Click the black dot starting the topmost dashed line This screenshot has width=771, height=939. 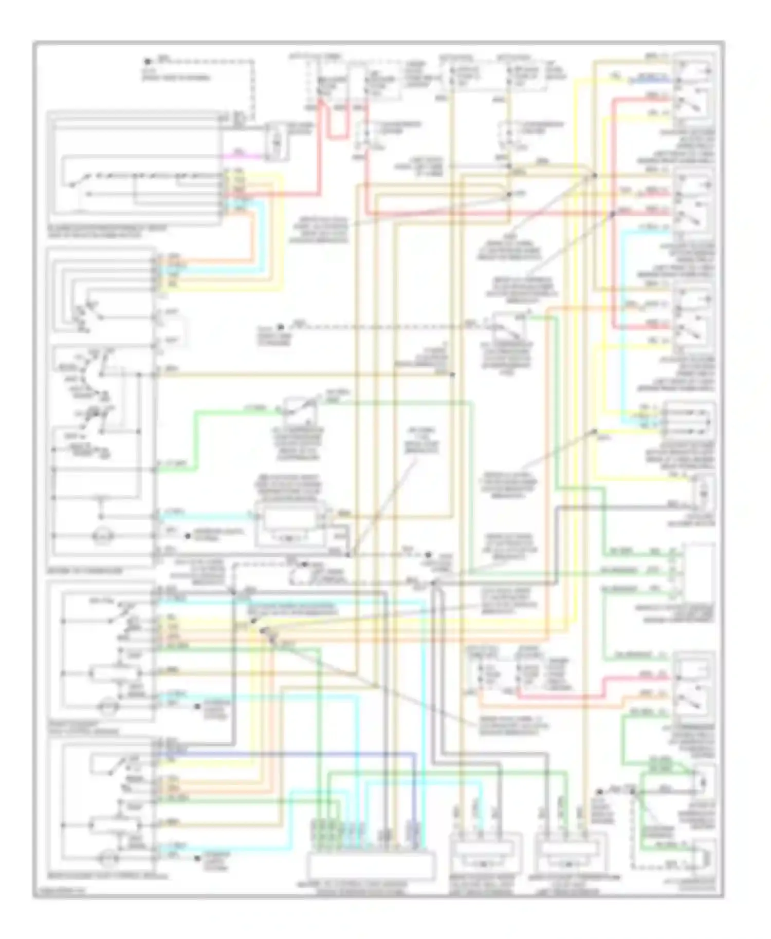tap(148, 62)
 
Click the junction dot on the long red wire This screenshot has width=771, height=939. tap(613, 213)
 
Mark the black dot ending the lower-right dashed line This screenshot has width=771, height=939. tap(599, 792)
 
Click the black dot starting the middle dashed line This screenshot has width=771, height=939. tap(281, 327)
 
